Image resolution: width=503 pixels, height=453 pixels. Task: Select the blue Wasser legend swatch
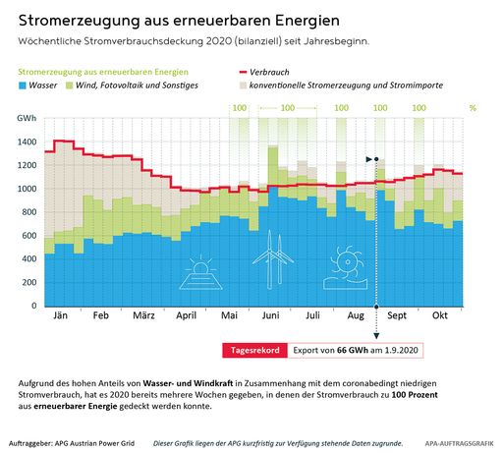click(x=25, y=86)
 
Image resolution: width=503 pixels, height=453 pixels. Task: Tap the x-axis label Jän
click(x=59, y=316)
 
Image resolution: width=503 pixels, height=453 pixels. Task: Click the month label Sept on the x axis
click(x=397, y=316)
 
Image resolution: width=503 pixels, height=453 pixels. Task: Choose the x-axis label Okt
click(x=440, y=316)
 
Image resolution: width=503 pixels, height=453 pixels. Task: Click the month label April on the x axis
click(x=187, y=316)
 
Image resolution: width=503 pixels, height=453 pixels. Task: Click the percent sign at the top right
click(x=472, y=107)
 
